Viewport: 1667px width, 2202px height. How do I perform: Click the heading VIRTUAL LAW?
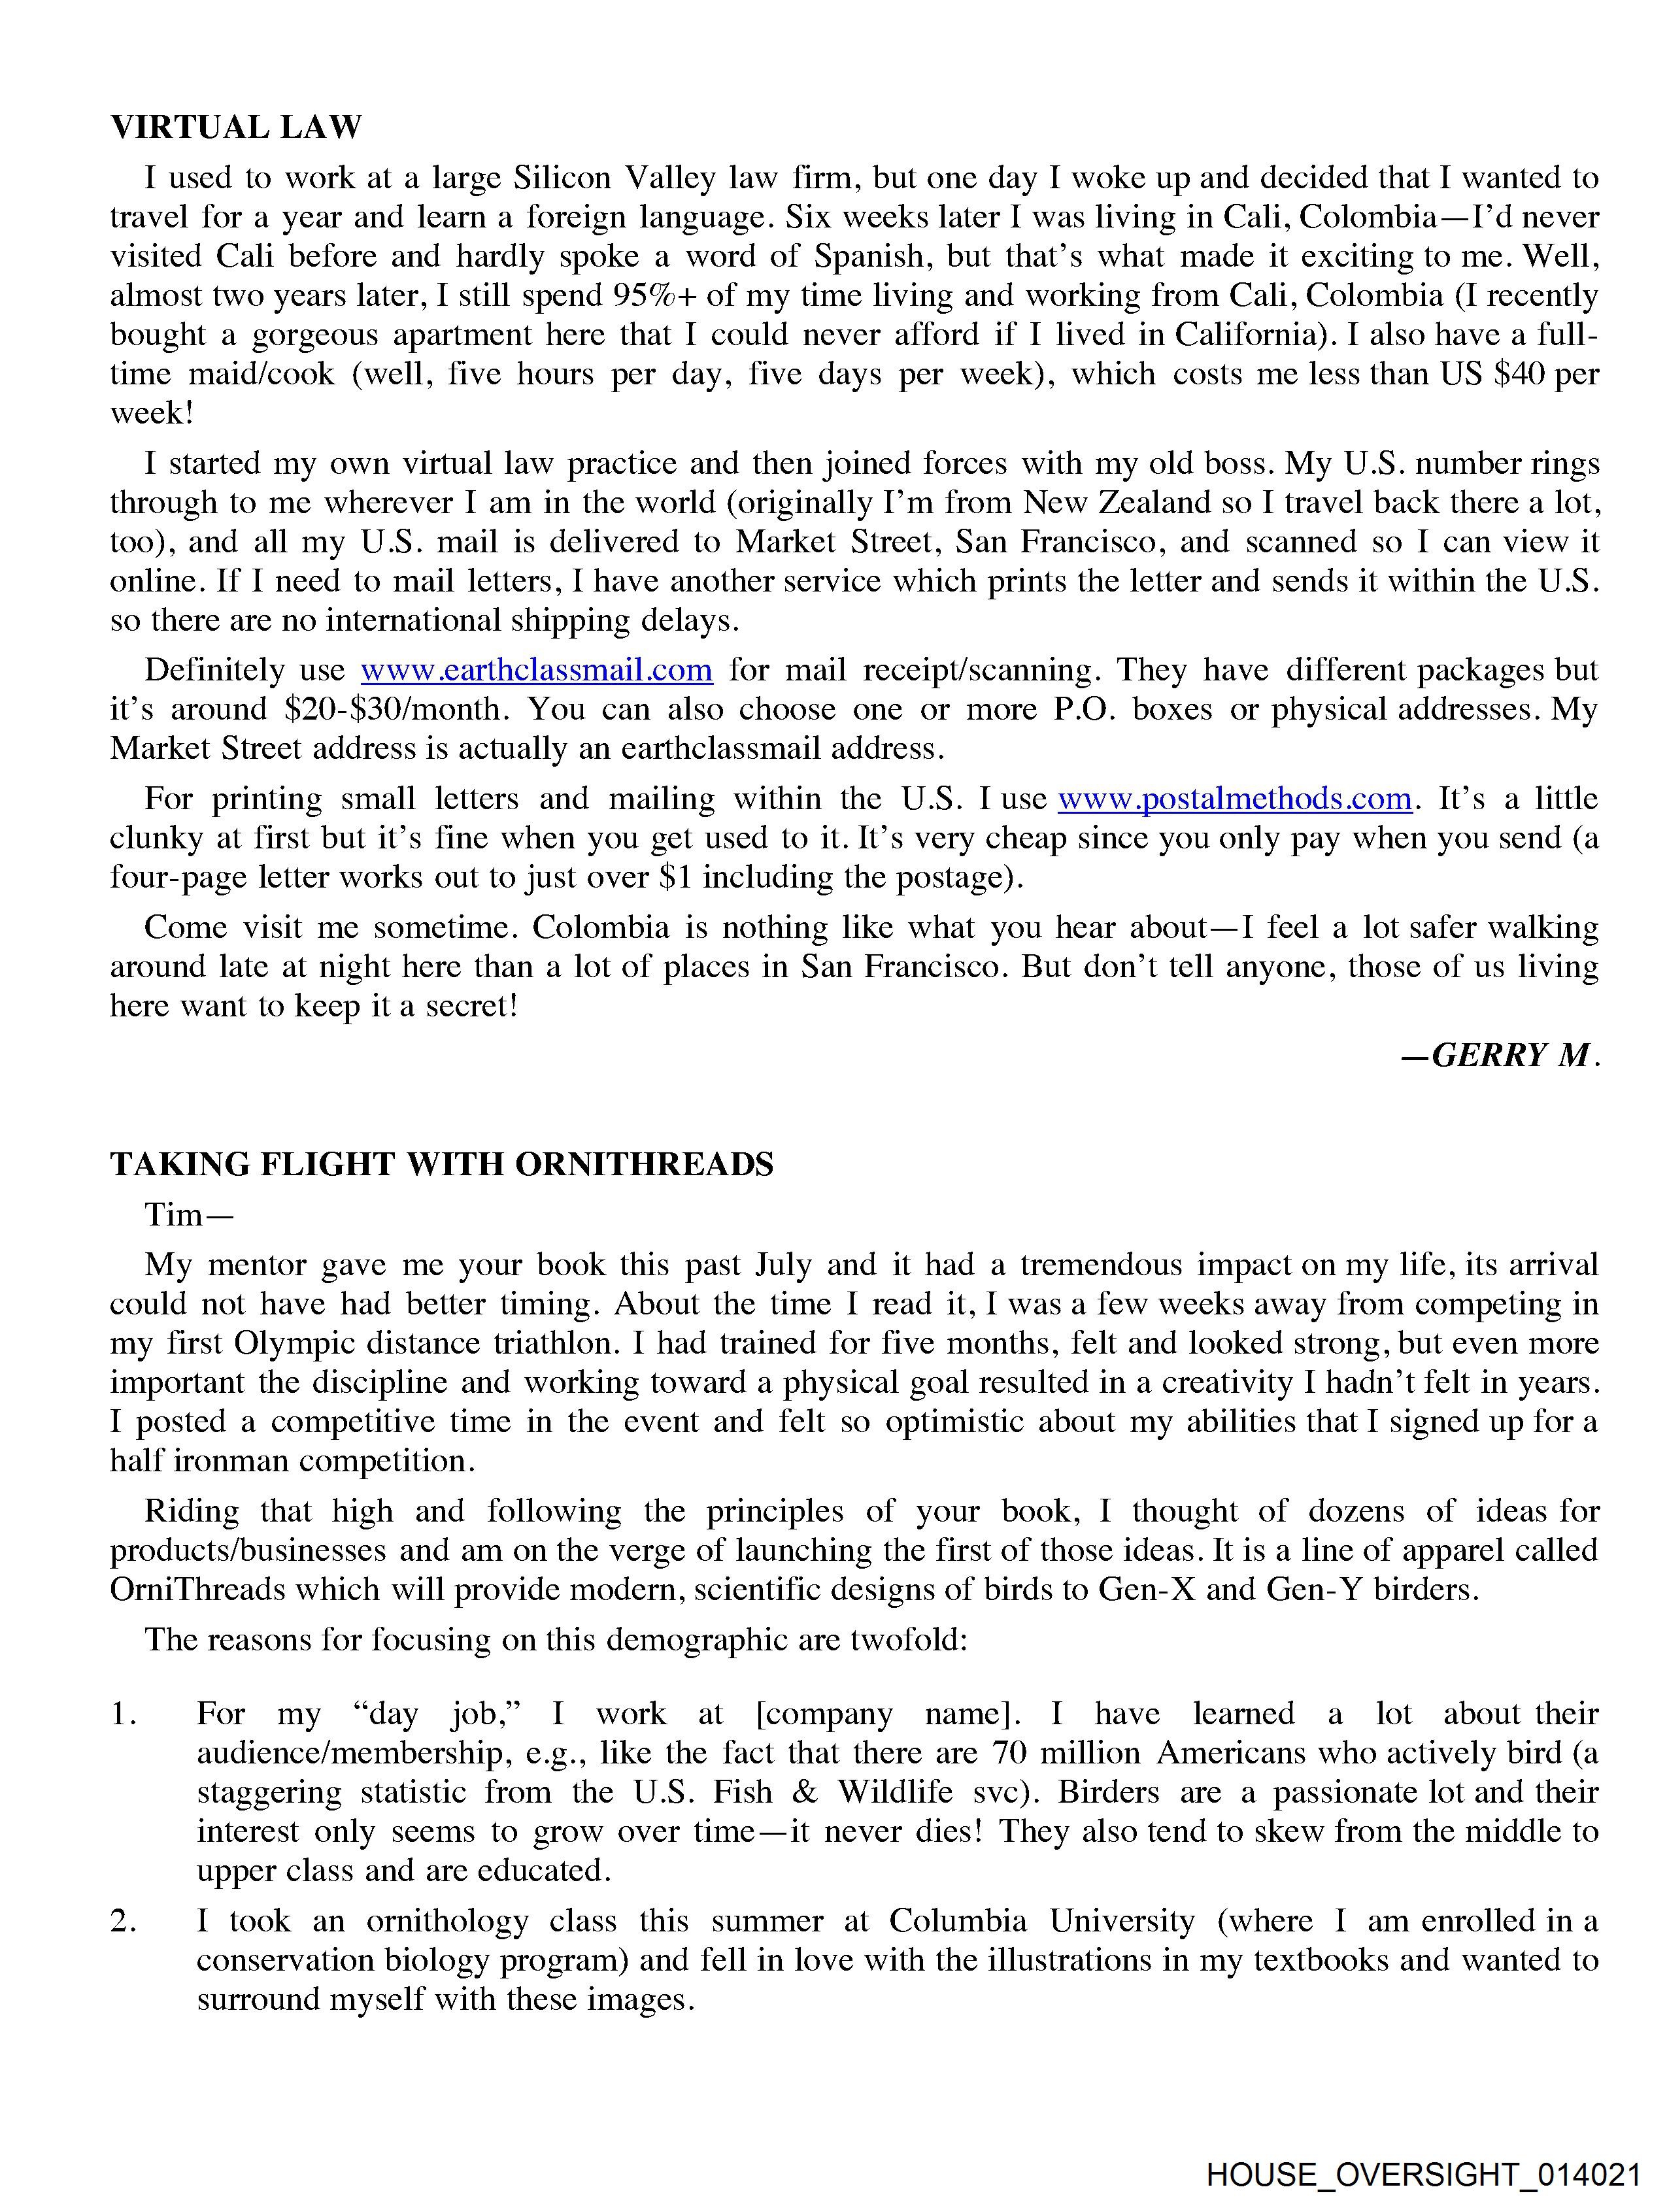(236, 127)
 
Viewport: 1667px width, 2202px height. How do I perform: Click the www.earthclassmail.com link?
(536, 670)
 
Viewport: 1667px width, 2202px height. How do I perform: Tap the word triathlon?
(557, 1344)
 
